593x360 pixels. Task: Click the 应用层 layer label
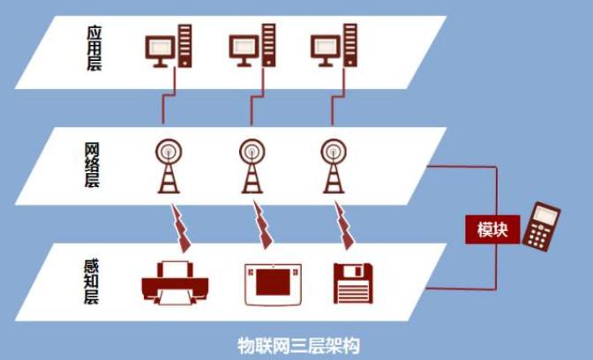click(94, 48)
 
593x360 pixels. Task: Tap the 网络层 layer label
click(92, 165)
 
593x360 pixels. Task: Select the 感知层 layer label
click(91, 281)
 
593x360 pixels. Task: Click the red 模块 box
click(492, 229)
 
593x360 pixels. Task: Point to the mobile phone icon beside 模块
click(541, 227)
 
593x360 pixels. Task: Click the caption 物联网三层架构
click(298, 344)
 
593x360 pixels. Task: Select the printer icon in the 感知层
click(175, 282)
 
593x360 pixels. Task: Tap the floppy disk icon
click(353, 283)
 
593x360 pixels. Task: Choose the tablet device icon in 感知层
click(273, 284)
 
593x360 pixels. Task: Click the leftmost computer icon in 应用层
click(169, 46)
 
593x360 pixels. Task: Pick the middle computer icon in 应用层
click(252, 45)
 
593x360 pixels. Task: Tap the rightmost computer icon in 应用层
click(334, 45)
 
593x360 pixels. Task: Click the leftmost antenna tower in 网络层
click(169, 167)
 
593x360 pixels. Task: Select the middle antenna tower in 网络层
click(252, 167)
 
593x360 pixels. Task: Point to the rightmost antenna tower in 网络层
click(334, 167)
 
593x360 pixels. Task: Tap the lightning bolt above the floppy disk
click(344, 225)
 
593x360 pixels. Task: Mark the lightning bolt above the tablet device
click(262, 225)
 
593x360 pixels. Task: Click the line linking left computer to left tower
click(169, 95)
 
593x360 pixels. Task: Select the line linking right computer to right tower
click(338, 95)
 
